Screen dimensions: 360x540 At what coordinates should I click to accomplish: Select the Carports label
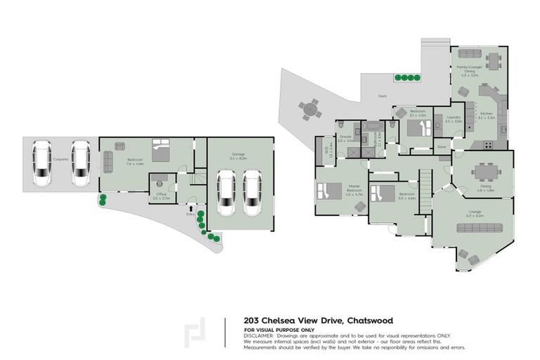60,160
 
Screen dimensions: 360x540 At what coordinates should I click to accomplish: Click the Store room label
442,146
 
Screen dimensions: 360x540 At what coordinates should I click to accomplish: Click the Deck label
382,96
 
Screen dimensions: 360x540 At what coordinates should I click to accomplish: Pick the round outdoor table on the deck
307,109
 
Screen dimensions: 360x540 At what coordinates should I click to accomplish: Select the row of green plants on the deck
406,77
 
